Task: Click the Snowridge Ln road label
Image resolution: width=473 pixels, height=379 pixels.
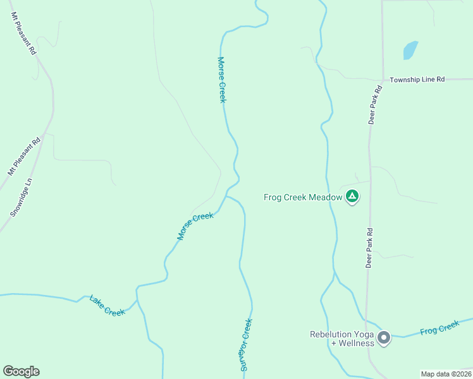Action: coord(21,198)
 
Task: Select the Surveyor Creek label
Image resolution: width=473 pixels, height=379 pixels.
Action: coord(246,344)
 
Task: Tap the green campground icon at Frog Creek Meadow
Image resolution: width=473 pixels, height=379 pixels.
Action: coord(352,198)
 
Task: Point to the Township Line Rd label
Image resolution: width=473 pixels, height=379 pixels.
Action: coord(417,80)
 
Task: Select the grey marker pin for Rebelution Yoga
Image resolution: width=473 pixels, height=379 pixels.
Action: coord(384,339)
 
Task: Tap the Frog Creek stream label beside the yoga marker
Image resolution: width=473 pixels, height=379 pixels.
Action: coord(439,328)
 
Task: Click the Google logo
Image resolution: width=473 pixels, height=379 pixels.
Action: coord(21,371)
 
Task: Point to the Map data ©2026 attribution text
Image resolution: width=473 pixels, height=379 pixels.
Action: coord(446,374)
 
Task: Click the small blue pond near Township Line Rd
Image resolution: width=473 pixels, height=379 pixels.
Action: coord(410,51)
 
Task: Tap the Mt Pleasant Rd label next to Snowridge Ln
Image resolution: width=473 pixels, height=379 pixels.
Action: coord(24,155)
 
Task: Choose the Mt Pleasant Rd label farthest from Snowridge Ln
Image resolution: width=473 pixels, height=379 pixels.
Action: coord(23,33)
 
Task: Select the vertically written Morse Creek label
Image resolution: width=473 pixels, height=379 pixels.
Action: coord(222,80)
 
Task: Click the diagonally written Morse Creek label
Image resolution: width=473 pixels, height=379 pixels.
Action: coord(195,226)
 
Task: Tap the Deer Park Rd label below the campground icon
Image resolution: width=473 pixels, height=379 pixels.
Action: coord(369,248)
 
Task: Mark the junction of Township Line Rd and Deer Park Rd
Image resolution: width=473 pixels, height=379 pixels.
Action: coord(382,80)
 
